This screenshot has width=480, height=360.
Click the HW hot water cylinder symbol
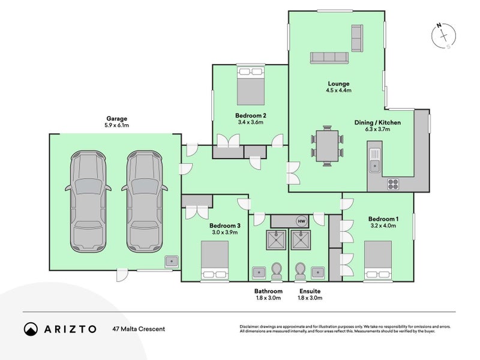[x=301, y=221]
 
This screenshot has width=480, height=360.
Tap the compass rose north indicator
[x=439, y=25]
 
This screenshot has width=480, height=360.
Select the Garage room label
[x=116, y=118]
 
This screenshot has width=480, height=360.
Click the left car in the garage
[x=88, y=201]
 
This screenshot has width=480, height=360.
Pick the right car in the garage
[x=145, y=201]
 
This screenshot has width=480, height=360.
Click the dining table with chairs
[x=327, y=146]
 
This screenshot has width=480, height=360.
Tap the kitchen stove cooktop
[x=393, y=184]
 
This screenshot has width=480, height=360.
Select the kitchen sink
[x=374, y=160]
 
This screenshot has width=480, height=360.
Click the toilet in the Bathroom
[x=277, y=271]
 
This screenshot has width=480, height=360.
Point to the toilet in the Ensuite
[x=300, y=271]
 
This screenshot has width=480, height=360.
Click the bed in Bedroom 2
[x=251, y=86]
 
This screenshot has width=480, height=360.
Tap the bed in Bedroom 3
[x=215, y=260]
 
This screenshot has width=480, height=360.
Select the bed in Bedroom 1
[x=378, y=260]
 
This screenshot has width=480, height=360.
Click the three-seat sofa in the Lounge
[x=329, y=58]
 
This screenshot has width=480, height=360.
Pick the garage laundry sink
[x=172, y=262]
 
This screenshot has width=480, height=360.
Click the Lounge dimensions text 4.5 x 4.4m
[x=338, y=91]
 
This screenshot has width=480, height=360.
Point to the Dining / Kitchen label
[x=377, y=122]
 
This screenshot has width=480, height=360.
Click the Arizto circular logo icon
[x=31, y=329]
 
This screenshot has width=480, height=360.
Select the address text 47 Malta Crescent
[x=139, y=329]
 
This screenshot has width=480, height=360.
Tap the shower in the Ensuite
[x=301, y=240]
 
